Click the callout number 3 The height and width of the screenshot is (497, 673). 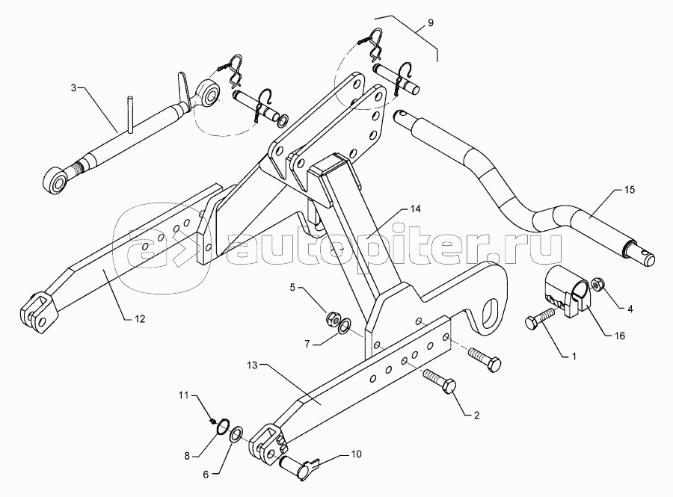[73, 88]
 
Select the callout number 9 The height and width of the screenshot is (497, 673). [431, 22]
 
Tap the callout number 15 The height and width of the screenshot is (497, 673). [629, 190]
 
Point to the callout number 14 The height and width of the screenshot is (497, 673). [415, 209]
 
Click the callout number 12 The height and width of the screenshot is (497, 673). [140, 319]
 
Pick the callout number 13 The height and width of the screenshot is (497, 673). [253, 365]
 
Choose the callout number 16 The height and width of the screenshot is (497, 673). [620, 336]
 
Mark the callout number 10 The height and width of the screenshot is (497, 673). [356, 454]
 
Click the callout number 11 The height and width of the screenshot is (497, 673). [184, 395]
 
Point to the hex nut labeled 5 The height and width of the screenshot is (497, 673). [332, 318]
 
